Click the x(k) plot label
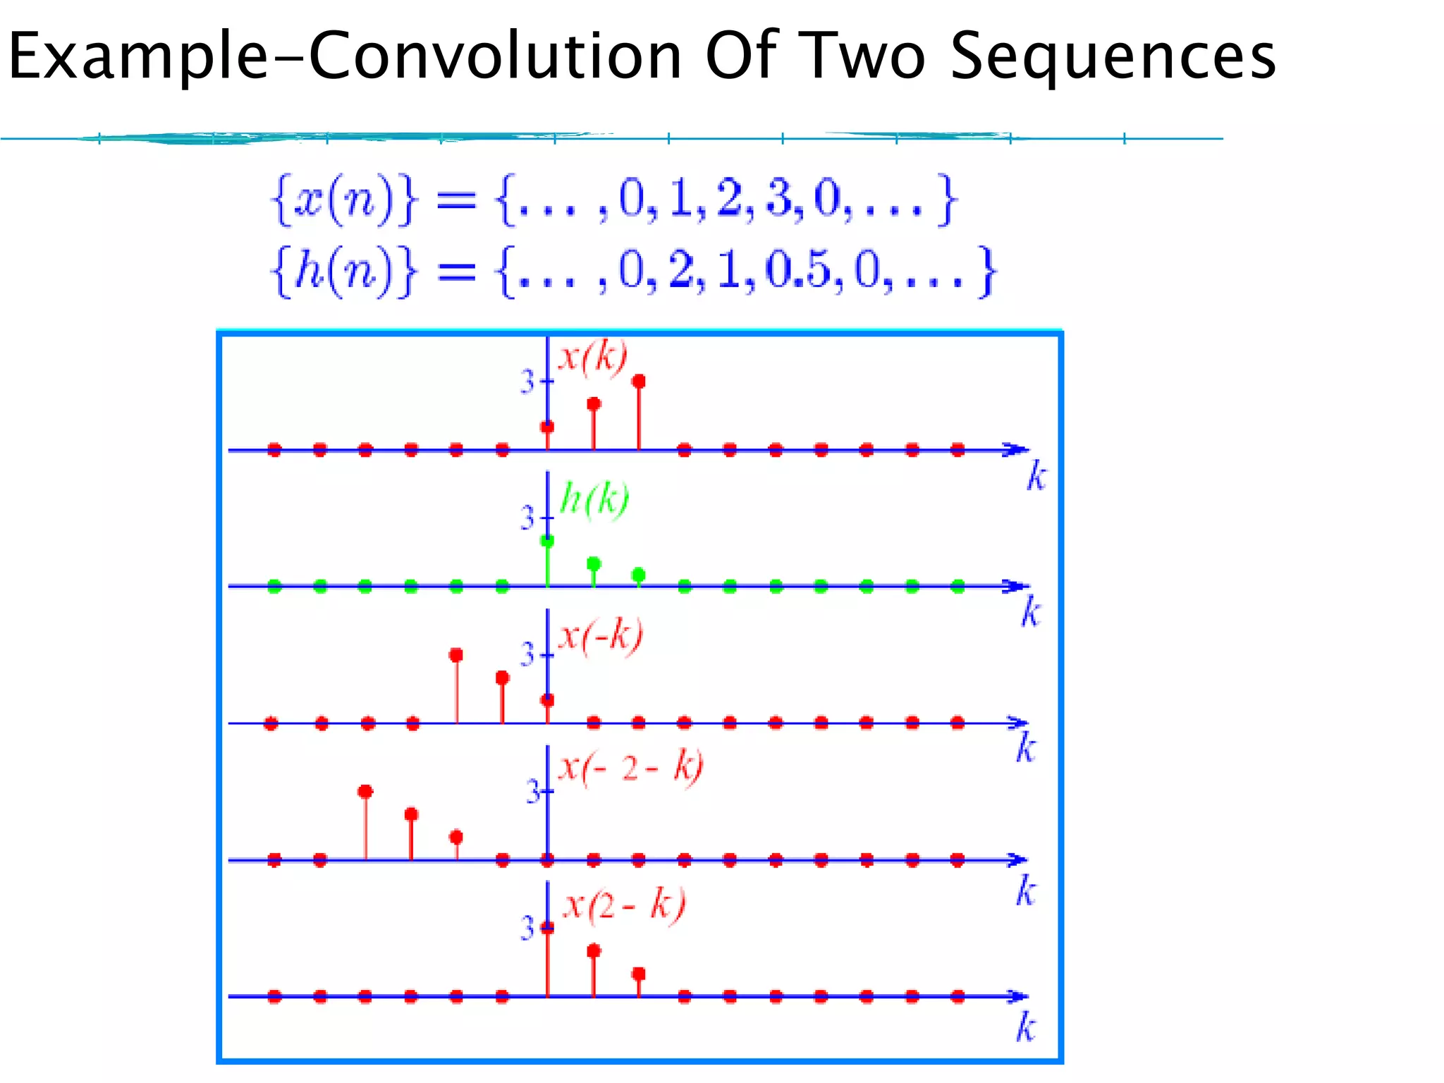[592, 357]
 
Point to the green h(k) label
[594, 500]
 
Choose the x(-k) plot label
[600, 636]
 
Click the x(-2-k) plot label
[630, 766]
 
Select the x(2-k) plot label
[624, 905]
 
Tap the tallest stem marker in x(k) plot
[639, 381]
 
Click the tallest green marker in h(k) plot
[547, 541]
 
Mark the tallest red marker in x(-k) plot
[456, 655]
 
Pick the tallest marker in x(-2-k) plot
[365, 792]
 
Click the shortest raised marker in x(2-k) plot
[639, 974]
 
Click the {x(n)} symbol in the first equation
[344, 200]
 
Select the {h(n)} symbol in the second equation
[344, 271]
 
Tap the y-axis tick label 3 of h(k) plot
[527, 519]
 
